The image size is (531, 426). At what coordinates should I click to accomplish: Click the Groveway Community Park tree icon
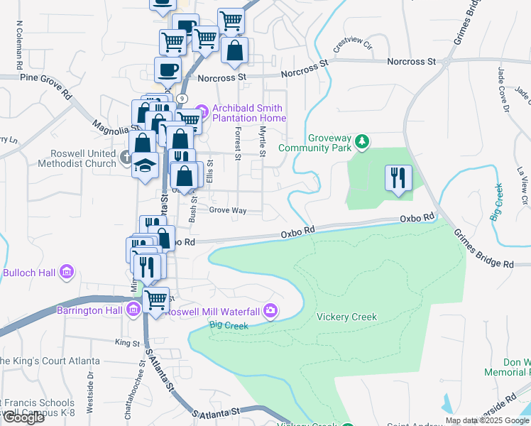363,142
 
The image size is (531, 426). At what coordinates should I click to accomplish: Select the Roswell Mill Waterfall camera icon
270,310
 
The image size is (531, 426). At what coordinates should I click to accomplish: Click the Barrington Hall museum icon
133,309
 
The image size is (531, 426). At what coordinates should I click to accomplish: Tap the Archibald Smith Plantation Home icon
201,109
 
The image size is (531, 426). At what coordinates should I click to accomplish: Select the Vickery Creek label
346,317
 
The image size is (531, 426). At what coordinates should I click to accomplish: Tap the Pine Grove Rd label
46,85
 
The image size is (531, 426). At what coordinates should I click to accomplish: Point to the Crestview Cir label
353,45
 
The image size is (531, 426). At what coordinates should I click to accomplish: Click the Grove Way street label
227,211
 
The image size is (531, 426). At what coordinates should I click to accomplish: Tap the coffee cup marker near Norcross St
168,70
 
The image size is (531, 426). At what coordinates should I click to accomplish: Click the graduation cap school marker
146,166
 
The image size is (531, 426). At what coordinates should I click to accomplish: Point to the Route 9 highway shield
183,98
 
